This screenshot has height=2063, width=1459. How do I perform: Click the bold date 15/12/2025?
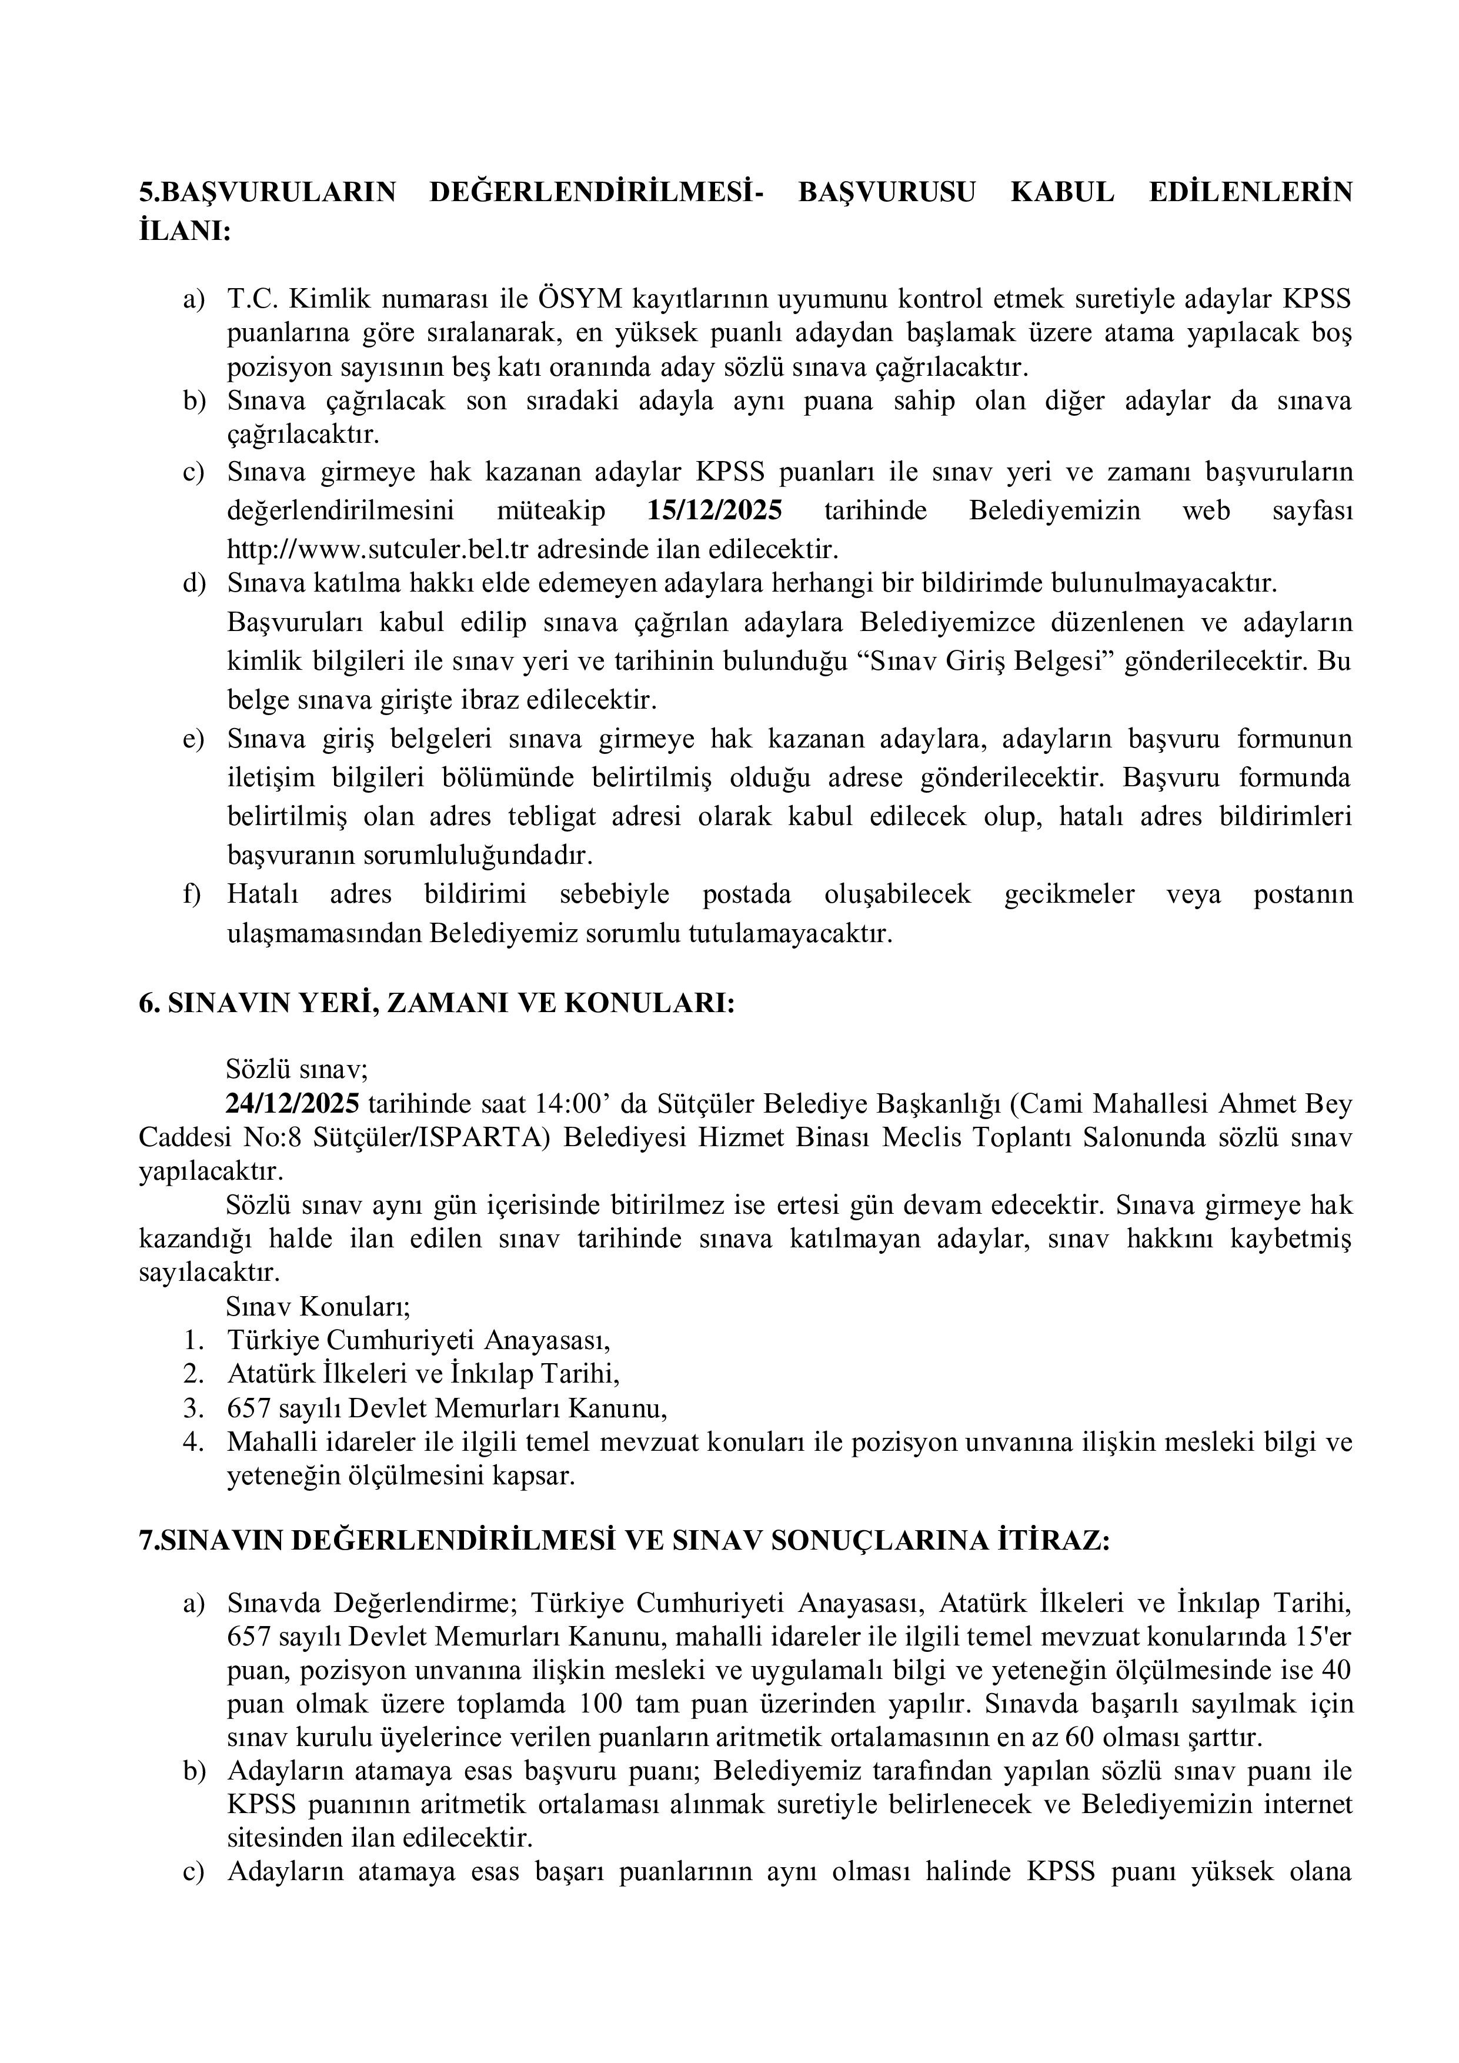point(715,510)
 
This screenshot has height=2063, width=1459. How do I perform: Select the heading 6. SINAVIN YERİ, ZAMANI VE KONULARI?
point(436,1004)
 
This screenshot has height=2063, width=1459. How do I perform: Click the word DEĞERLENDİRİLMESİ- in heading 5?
point(596,192)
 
